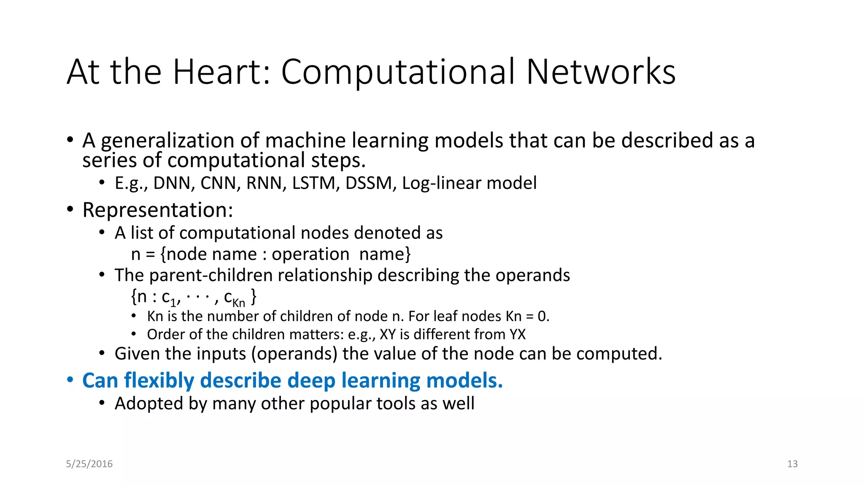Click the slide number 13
tap(792, 464)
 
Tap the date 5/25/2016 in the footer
tap(89, 464)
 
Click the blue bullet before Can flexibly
tap(70, 380)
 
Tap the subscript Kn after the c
tap(239, 303)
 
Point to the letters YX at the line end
tap(517, 335)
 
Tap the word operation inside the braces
tap(310, 254)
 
